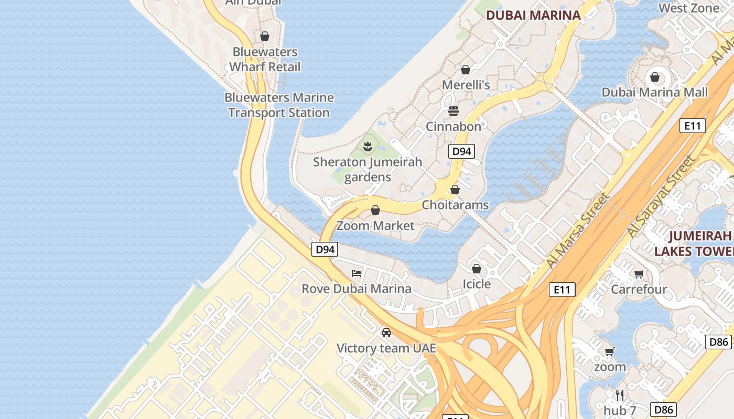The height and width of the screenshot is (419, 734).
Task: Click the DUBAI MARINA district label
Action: [533, 15]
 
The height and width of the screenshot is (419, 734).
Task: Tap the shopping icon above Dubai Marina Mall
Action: [654, 78]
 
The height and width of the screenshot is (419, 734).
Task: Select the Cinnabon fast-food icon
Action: [454, 111]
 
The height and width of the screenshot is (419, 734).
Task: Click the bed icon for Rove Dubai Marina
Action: [357, 273]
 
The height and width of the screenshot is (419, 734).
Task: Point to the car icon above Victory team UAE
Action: [386, 333]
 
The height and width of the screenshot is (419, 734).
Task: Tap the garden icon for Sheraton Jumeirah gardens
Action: [368, 147]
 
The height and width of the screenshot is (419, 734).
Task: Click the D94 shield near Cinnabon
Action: [461, 151]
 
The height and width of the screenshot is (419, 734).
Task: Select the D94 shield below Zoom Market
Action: [325, 249]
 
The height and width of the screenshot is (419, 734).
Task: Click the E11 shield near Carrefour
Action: [562, 290]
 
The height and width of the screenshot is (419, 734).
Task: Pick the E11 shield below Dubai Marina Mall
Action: [693, 126]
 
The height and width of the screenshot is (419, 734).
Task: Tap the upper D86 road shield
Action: [718, 342]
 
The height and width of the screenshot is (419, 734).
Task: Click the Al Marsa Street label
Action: [578, 231]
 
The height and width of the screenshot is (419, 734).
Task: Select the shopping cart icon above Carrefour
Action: [639, 274]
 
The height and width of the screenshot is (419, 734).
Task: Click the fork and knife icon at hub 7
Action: [620, 394]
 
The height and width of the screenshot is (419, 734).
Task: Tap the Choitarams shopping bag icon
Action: [455, 190]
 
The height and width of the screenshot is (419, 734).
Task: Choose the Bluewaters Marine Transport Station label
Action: [279, 105]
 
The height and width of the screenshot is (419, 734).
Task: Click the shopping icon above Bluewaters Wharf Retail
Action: [265, 36]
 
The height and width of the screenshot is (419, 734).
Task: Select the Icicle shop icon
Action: [477, 269]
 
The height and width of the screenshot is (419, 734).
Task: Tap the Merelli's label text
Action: [466, 85]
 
